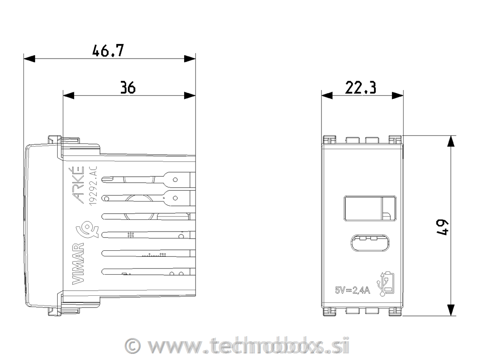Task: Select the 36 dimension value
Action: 127,88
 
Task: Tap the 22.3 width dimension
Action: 361,87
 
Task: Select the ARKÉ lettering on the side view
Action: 78,186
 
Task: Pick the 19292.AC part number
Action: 93,186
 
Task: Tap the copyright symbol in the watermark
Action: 134,346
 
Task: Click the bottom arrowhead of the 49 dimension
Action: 451,309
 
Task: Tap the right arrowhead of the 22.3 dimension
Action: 398,95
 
